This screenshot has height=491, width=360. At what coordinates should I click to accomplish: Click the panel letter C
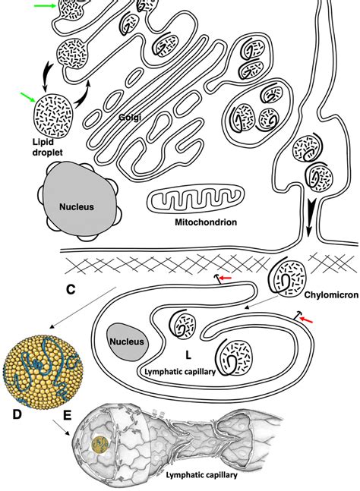pyautogui.click(x=71, y=288)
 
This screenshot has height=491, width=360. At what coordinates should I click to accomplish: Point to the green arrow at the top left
pyautogui.click(x=45, y=7)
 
